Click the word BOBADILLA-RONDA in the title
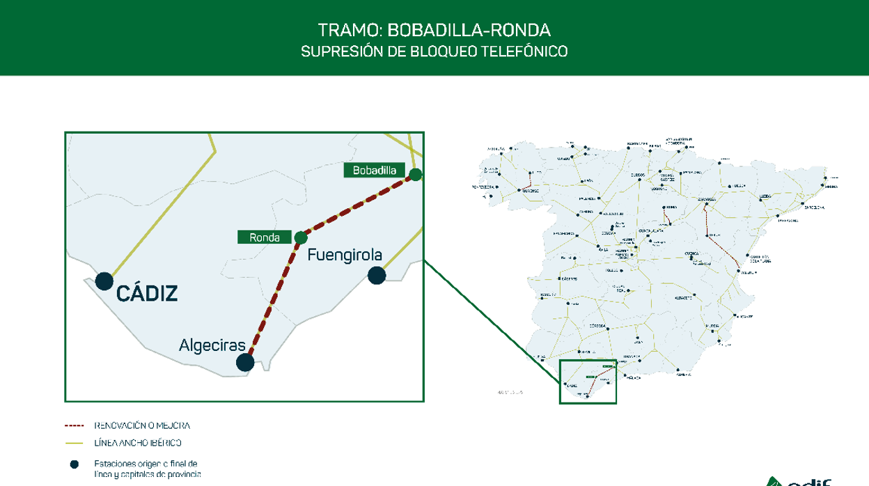coord(469,30)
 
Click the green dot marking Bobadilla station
coord(415,175)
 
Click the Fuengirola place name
coord(345,255)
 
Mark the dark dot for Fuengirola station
coord(376,275)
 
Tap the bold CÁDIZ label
coord(147,294)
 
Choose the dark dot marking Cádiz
coord(104,281)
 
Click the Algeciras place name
coord(212,345)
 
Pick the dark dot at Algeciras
coord(245,362)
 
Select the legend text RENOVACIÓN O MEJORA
coord(141,425)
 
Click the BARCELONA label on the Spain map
coord(815,207)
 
